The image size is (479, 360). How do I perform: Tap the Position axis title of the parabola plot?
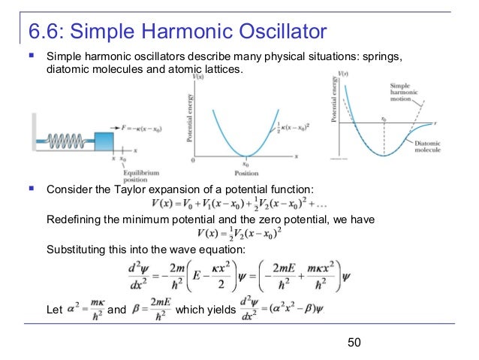pyautogui.click(x=246, y=170)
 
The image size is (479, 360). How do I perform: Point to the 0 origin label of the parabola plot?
pyautogui.click(x=194, y=161)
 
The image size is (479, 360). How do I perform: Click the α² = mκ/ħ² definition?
pyautogui.click(x=80, y=308)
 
